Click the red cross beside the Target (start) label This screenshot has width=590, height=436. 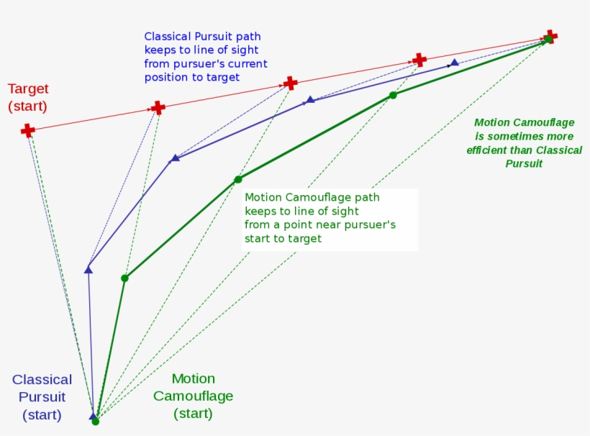click(27, 130)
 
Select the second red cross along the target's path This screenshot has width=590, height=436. click(158, 108)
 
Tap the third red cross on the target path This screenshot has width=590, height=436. click(290, 83)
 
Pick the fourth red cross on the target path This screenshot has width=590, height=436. click(419, 60)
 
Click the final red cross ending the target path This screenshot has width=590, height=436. click(550, 36)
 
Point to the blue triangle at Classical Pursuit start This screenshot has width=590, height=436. click(93, 416)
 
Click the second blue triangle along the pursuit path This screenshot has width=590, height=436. click(88, 270)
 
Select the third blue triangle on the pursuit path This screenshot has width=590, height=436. click(175, 158)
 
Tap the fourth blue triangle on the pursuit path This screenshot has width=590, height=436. click(310, 99)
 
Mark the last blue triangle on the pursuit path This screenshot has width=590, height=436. click(454, 63)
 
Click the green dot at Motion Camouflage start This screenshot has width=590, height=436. click(96, 422)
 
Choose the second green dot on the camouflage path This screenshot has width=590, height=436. click(124, 278)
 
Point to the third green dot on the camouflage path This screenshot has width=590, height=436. click(238, 179)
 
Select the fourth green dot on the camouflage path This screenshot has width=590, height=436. click(393, 95)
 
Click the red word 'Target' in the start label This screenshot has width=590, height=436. click(28, 89)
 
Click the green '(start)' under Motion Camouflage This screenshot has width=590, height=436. click(193, 414)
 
